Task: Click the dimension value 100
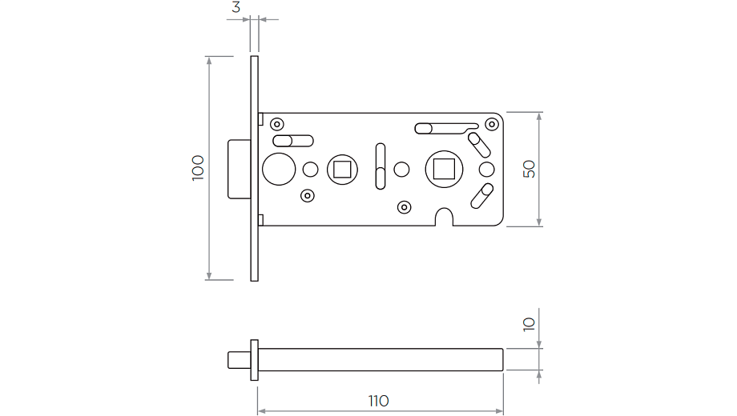tap(198, 168)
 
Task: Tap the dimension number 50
tap(529, 169)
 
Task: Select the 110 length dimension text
tap(379, 400)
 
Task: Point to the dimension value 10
tap(529, 324)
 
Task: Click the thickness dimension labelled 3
tap(236, 7)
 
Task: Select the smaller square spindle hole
tap(341, 169)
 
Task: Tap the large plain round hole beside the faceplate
tap(278, 169)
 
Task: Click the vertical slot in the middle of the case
tap(381, 166)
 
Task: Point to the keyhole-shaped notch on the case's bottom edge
tap(443, 216)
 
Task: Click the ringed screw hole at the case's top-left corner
tap(277, 124)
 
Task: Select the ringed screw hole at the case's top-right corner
tap(492, 125)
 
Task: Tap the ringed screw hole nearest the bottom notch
tap(405, 208)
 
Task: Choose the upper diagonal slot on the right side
tap(479, 144)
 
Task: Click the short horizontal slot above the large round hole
tap(293, 141)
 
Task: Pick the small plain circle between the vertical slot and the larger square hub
tap(402, 169)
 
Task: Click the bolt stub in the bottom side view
tap(239, 359)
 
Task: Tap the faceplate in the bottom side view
tap(255, 359)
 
